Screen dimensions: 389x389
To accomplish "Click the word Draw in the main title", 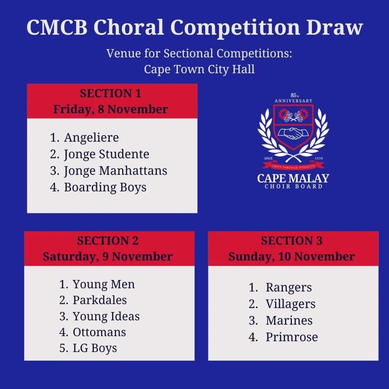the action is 335,27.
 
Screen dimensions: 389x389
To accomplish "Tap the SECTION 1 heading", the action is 110,93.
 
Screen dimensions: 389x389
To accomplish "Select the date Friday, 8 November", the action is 110,109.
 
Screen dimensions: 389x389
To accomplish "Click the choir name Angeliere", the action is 91,138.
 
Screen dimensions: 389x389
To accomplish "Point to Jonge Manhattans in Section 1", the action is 116,171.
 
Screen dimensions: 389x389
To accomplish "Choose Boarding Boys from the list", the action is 105,187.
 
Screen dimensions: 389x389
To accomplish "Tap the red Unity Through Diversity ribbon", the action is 293,166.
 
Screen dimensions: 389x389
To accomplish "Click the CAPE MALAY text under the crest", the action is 293,179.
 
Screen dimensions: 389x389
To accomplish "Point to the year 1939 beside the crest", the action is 319,158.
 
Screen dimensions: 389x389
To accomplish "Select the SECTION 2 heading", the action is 108,241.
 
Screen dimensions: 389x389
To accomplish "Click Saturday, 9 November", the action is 108,257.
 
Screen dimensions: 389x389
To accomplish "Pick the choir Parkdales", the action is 100,300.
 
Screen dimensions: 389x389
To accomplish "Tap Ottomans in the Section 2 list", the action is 99,332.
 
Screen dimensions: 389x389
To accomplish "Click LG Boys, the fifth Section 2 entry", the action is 95,348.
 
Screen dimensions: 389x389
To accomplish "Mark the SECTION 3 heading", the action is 292,241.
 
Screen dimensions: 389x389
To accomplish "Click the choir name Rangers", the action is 289,288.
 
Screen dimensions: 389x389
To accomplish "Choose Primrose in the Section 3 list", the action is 292,337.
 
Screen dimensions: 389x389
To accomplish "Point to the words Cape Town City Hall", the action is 199,69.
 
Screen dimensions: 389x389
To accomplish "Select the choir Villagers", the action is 291,304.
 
